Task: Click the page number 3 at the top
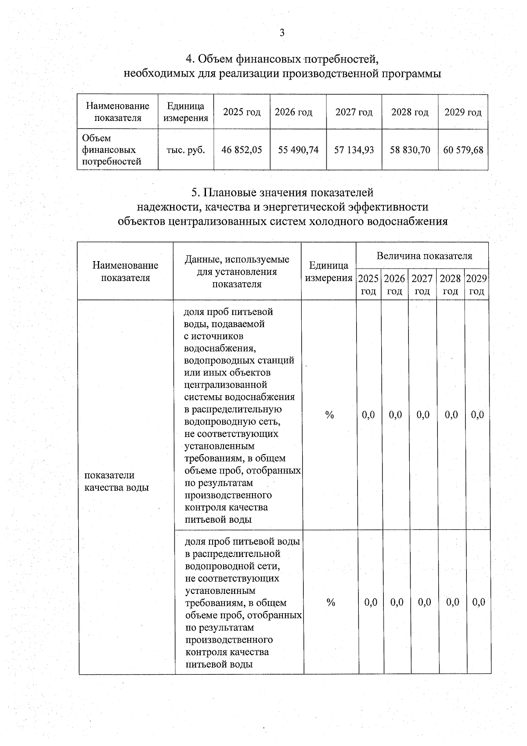tap(282, 33)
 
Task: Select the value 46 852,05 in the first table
tap(242, 150)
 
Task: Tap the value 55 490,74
tap(298, 150)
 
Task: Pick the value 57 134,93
tap(354, 150)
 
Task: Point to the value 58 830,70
tap(410, 150)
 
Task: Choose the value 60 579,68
tap(463, 150)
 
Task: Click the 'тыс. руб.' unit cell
tap(186, 150)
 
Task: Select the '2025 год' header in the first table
tap(242, 112)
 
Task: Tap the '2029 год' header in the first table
tap(463, 112)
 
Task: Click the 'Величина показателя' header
tap(424, 256)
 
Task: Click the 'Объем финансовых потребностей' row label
tap(112, 150)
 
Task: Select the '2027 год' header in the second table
tap(422, 284)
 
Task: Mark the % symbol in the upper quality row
tap(329, 415)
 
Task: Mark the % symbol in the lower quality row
tap(331, 602)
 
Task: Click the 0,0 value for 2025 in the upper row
tap(368, 415)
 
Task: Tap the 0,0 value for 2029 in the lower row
tap(478, 602)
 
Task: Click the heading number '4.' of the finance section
tap(191, 59)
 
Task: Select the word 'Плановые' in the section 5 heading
tap(231, 193)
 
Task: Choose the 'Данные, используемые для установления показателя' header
tap(237, 271)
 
